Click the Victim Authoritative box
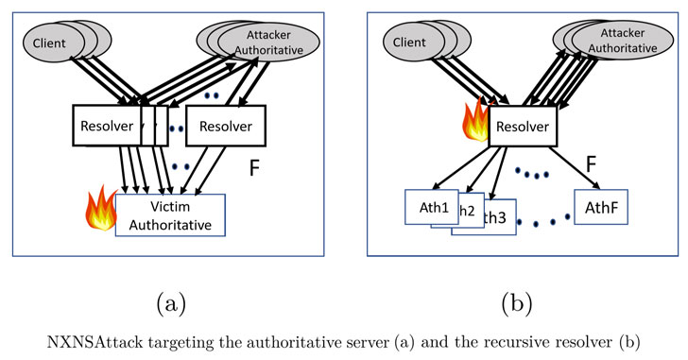pos(171,214)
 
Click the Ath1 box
pos(431,205)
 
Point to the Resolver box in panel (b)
pos(523,127)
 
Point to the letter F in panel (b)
pos(591,166)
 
